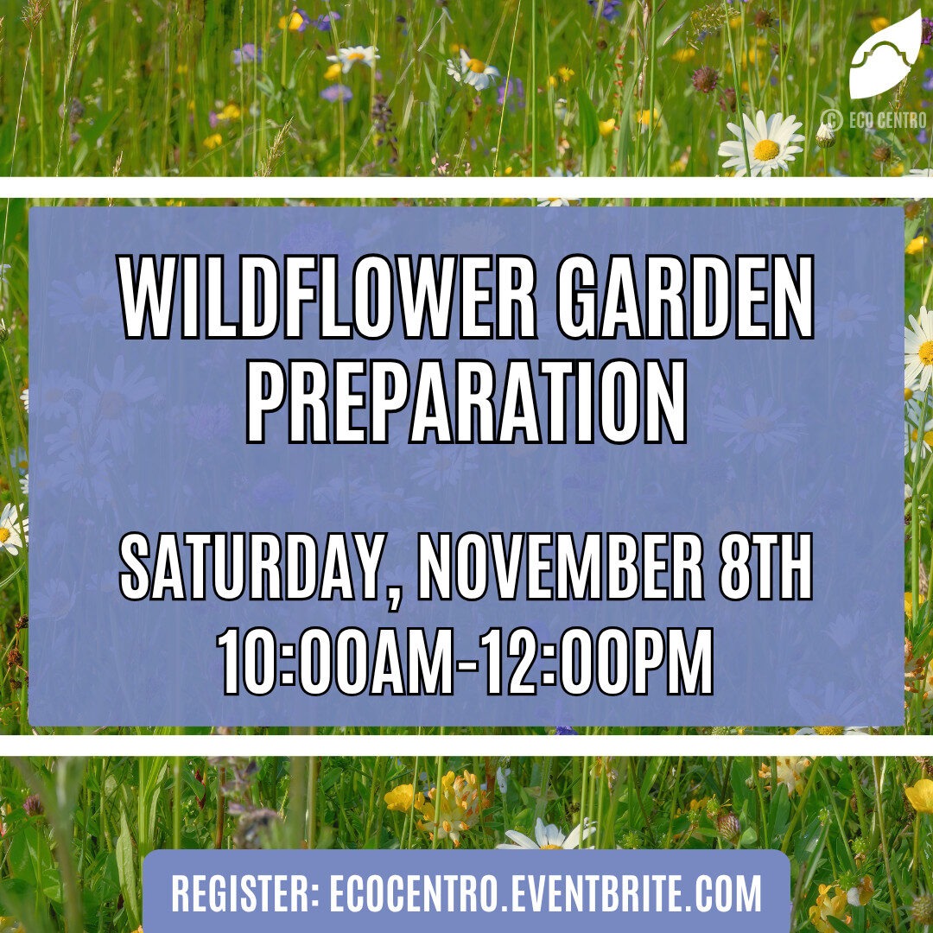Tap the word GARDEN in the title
tap(685, 297)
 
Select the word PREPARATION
tap(467, 402)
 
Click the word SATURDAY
tap(250, 567)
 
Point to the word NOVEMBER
tap(561, 567)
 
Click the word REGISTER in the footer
tap(240, 892)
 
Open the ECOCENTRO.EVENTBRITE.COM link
tap(545, 892)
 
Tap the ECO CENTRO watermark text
tap(888, 120)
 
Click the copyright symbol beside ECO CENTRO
tap(831, 120)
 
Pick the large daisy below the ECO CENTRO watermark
tap(763, 144)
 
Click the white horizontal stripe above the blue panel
tap(466, 187)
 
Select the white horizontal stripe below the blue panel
tap(466, 746)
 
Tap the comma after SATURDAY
tap(391, 597)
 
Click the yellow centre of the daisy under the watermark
tap(765, 149)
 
